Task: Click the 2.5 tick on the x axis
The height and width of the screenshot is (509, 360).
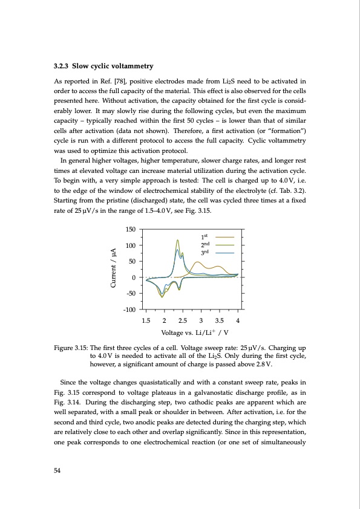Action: pyautogui.click(x=182, y=320)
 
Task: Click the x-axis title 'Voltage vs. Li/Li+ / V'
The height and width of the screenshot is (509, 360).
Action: pyautogui.click(x=192, y=333)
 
